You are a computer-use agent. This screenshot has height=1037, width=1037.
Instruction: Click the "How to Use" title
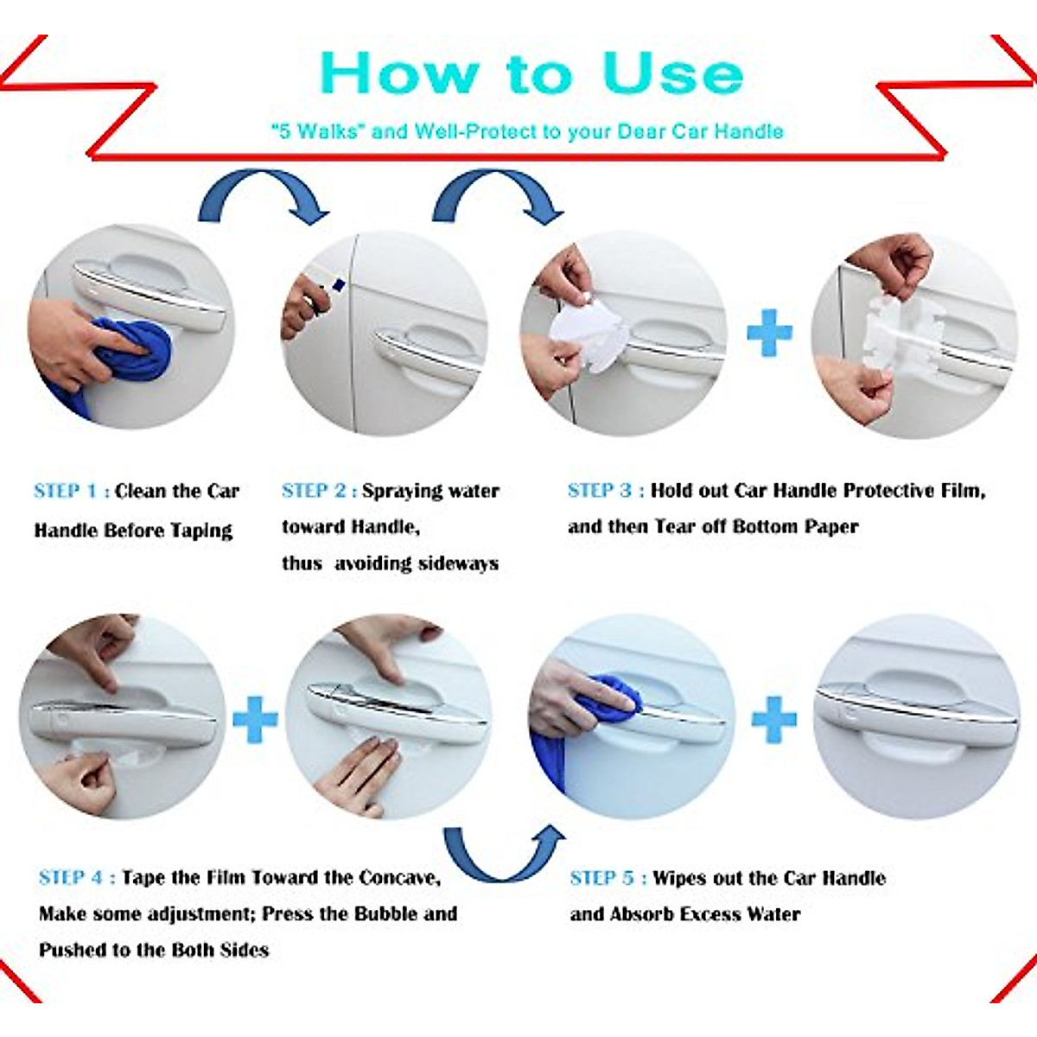pos(531,74)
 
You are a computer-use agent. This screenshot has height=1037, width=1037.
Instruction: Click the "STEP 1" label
pos(66,491)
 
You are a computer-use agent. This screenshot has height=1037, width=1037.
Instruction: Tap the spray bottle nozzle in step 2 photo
pos(338,284)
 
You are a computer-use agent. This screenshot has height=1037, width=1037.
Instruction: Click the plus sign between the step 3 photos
pos(769,333)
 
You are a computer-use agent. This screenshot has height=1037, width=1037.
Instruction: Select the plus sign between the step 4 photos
pos(255,719)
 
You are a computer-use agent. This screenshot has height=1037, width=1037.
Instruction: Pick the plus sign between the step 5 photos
pos(773,719)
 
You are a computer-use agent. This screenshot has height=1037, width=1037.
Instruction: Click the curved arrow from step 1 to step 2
pos(264,194)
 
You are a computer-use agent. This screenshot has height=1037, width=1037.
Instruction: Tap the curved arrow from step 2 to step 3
pos(498,194)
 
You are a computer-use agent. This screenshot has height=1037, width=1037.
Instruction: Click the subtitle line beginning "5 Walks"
pos(527,131)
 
